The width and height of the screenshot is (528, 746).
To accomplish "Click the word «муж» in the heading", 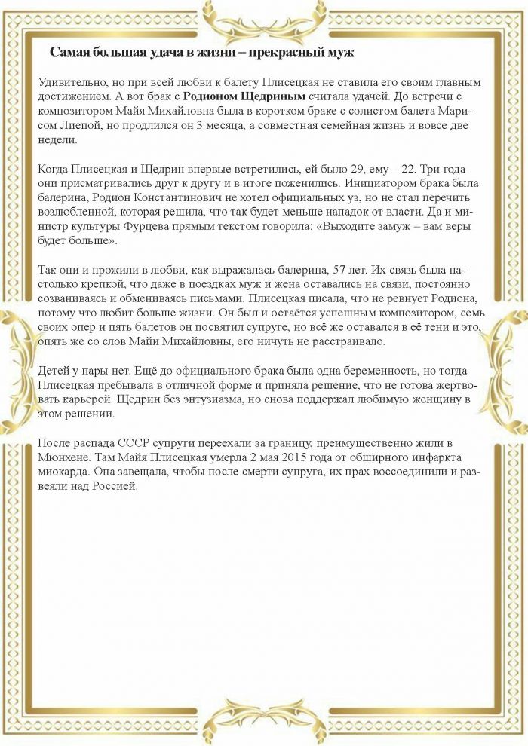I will [339, 52].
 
